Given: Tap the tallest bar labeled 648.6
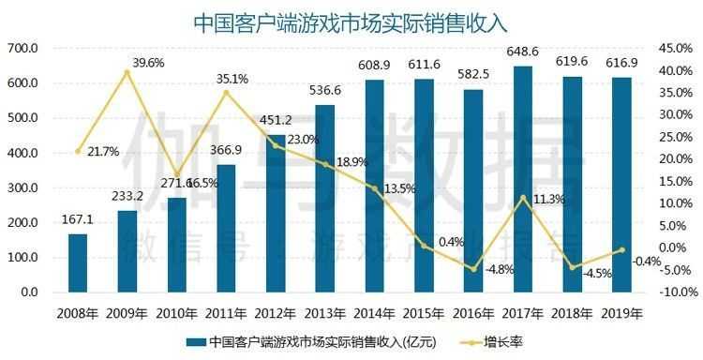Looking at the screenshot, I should tap(523, 178).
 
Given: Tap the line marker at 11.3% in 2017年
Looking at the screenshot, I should tap(523, 198).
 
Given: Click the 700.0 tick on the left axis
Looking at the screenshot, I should tap(22, 49).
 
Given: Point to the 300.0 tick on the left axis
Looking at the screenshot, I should tap(22, 187).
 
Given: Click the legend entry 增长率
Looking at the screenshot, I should tap(505, 341).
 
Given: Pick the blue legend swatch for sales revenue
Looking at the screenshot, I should tap(195, 341).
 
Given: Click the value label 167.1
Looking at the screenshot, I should tap(78, 217).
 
